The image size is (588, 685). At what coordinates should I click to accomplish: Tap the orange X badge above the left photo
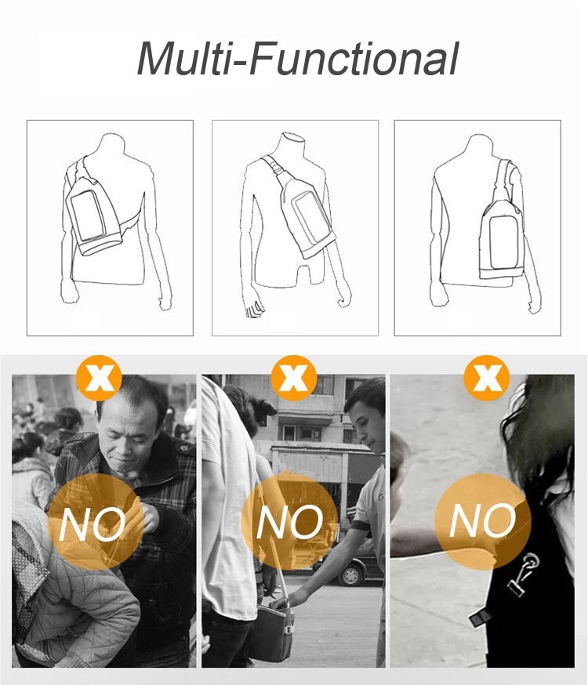coord(99,379)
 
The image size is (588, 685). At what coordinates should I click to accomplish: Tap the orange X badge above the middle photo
coord(293,379)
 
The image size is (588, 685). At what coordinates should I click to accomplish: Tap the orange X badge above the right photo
coord(486,379)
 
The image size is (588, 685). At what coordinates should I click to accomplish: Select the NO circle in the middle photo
coord(289,520)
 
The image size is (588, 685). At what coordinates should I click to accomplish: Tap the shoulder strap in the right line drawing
coord(503,183)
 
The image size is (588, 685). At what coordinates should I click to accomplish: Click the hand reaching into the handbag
coord(283,600)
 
